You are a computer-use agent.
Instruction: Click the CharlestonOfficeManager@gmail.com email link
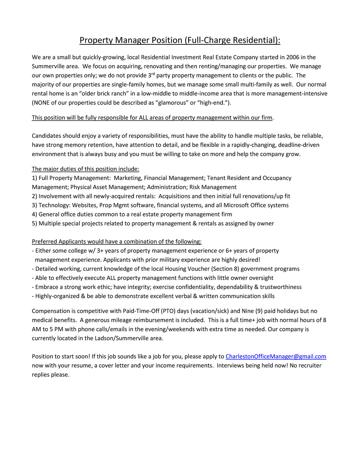pos(276,356)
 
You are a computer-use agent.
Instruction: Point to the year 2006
pos(292,57)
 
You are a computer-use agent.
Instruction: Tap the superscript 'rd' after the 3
pos(153,74)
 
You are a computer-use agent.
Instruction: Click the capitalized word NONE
pos(41,103)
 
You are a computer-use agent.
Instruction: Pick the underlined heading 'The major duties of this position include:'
pos(85,169)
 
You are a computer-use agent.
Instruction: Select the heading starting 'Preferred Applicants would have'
pos(116,241)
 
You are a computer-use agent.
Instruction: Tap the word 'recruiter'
pos(309,365)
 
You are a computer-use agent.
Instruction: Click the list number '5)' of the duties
pos(34,223)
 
